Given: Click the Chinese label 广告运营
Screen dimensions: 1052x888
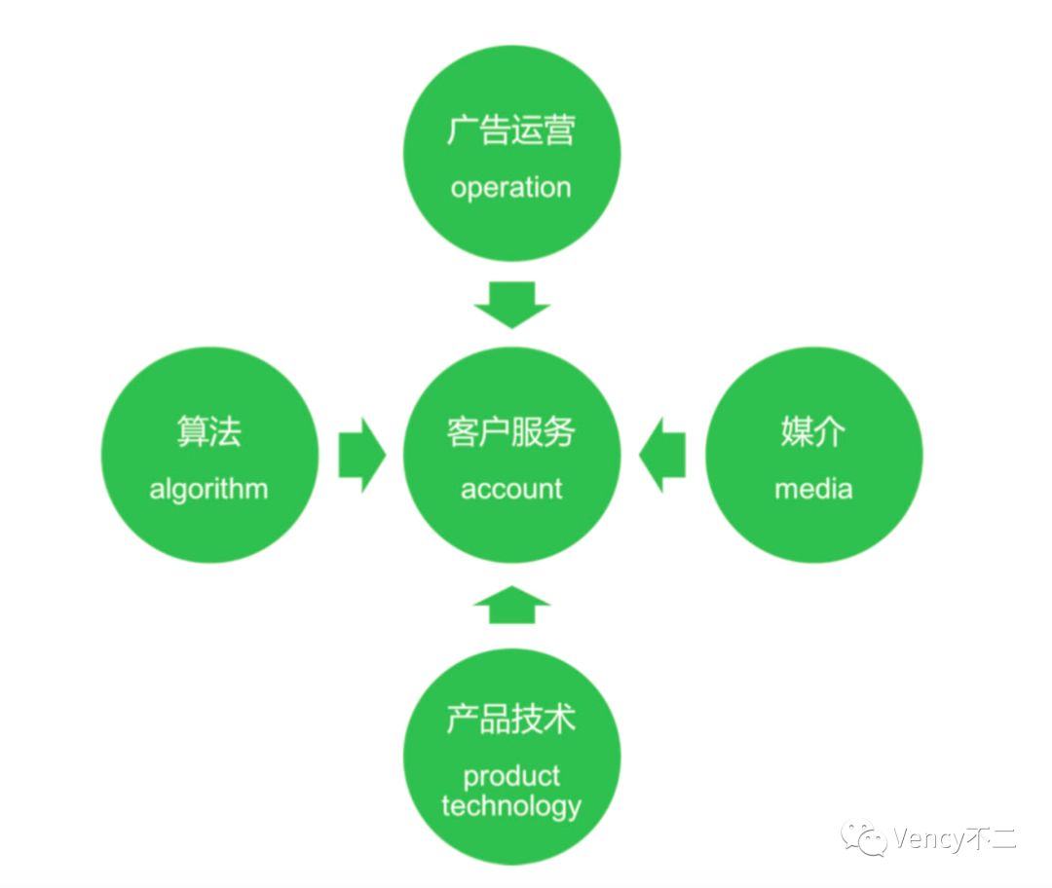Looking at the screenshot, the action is click(511, 131).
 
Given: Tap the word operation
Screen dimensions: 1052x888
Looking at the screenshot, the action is click(510, 187).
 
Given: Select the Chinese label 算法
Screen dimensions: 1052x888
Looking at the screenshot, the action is click(208, 431).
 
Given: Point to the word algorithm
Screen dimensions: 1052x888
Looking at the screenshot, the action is click(208, 488).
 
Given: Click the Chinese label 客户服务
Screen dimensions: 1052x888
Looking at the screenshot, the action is click(511, 431).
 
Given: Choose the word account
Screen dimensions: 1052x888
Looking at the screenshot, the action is click(511, 488).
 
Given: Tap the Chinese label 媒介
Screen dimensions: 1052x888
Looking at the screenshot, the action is click(813, 431).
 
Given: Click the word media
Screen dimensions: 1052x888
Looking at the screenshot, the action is click(813, 488).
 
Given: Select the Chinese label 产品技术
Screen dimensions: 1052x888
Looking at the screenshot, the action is click(511, 719).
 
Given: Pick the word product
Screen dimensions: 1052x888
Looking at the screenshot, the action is click(511, 776).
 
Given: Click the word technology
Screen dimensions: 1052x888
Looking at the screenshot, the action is click(511, 805).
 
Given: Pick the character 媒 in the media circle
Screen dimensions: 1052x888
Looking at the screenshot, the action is click(797, 431).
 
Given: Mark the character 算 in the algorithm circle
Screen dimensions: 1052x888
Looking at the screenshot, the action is click(192, 431).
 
